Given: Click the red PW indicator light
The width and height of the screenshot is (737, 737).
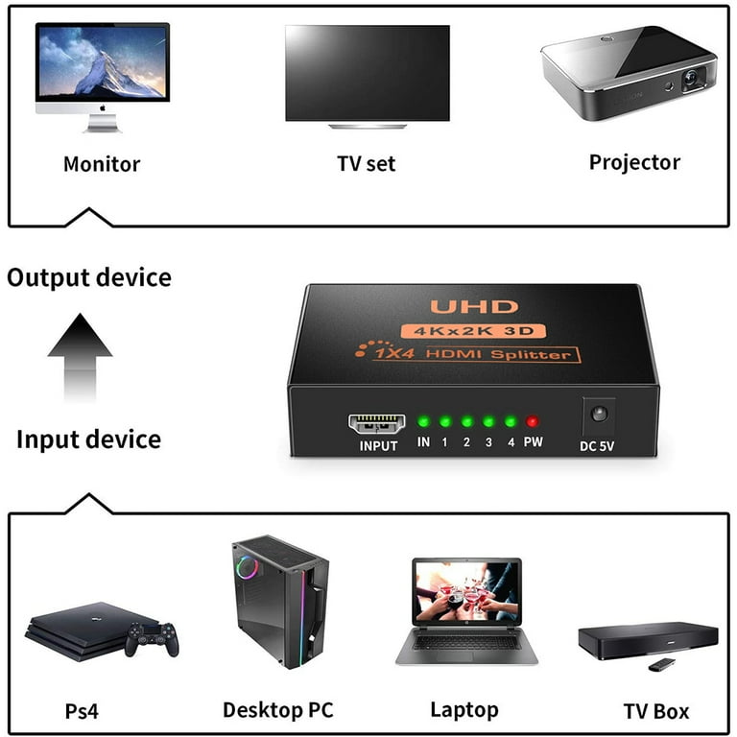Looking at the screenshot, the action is pos(532,421).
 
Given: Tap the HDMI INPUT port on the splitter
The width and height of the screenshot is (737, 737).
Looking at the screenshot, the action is pos(376,423).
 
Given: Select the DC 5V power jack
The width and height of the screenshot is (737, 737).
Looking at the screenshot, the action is pos(599,415).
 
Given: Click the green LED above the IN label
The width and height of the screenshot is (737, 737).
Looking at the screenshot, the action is pos(423,421).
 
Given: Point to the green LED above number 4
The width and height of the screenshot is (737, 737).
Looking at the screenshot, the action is pos(511,421).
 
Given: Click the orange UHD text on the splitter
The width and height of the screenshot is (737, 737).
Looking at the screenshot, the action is pos(474,307).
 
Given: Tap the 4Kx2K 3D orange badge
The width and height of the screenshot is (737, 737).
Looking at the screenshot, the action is pos(473,331).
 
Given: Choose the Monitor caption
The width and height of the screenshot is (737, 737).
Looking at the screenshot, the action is pos(102,164).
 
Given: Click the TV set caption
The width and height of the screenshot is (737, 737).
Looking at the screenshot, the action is pos(367,163).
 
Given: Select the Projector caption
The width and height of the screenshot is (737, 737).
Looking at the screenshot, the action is pos(634,162).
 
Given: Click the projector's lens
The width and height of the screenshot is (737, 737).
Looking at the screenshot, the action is pos(691,76).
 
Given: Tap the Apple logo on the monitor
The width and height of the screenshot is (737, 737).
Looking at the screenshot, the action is pos(103,108).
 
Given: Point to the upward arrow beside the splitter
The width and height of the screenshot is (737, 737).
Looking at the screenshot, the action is pos(80,357).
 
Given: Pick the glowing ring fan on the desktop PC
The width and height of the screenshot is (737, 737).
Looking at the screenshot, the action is pos(247,567).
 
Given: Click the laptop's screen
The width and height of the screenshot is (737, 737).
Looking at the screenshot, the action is pos(466,591).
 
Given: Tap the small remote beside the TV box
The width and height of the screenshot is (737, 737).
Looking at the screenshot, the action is pos(662,664).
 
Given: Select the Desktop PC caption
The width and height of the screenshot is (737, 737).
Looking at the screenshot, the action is pos(278,710).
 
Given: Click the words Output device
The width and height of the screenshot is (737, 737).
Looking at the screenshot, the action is pos(89,277).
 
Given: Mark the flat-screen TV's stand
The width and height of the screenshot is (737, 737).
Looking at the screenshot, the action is pos(368,126).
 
